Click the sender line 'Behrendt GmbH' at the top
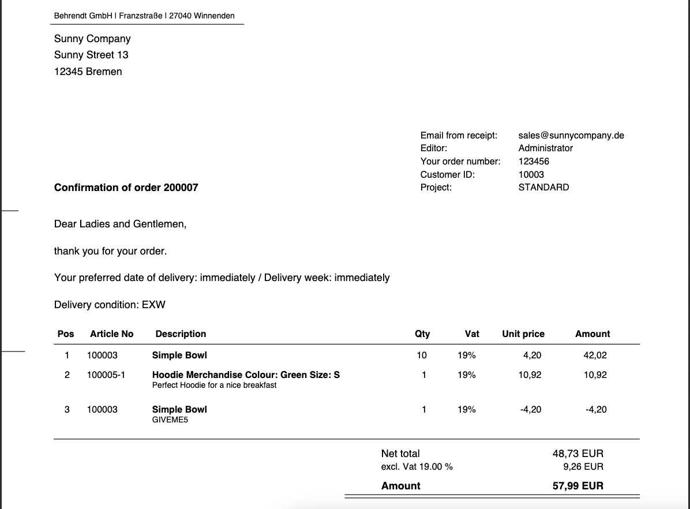[x=144, y=16]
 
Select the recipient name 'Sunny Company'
[x=92, y=39]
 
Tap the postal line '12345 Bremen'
[x=88, y=72]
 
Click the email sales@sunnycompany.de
[x=571, y=135]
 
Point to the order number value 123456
[x=534, y=161]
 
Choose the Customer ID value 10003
[x=531, y=174]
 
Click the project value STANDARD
[x=543, y=187]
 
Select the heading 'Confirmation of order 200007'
[x=126, y=187]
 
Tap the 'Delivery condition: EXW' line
[x=110, y=304]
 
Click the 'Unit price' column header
[x=523, y=334]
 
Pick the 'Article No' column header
[x=111, y=334]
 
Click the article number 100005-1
[x=106, y=375]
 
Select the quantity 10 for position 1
[x=422, y=355]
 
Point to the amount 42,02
[x=595, y=355]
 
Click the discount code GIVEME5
[x=170, y=420]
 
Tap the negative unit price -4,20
[x=531, y=409]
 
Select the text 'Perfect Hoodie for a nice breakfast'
[x=214, y=385]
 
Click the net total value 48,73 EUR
[x=578, y=454]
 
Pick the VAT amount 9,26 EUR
[x=583, y=466]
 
